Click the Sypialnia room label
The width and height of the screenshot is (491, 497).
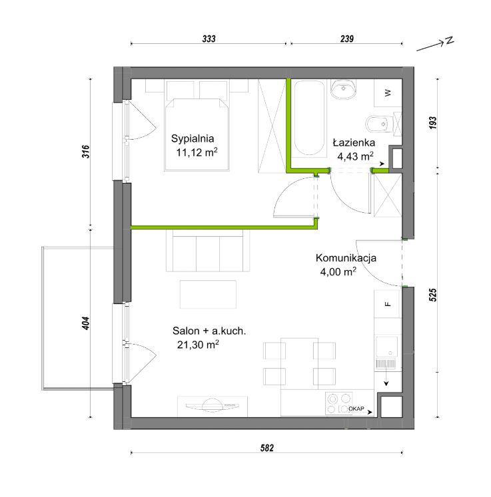(193, 139)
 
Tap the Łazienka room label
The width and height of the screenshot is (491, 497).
(354, 142)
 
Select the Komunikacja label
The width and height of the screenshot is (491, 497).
(346, 257)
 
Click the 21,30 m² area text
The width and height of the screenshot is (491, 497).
(198, 345)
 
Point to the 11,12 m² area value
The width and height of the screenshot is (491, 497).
(197, 152)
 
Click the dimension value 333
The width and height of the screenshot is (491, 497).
(209, 39)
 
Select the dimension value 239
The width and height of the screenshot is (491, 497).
(347, 39)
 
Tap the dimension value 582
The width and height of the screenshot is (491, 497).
(267, 448)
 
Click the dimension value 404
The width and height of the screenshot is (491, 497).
(86, 323)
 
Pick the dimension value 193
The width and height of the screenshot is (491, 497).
(432, 122)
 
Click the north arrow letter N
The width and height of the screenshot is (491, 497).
(450, 41)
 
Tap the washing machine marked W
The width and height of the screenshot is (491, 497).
(388, 93)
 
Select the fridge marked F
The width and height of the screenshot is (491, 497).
(388, 304)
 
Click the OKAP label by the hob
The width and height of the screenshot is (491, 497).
(356, 409)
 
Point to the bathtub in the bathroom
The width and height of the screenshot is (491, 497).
(309, 118)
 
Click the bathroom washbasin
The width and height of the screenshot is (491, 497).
(343, 88)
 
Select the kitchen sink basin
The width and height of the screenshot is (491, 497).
(386, 347)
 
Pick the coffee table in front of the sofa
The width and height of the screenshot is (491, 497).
(208, 294)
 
